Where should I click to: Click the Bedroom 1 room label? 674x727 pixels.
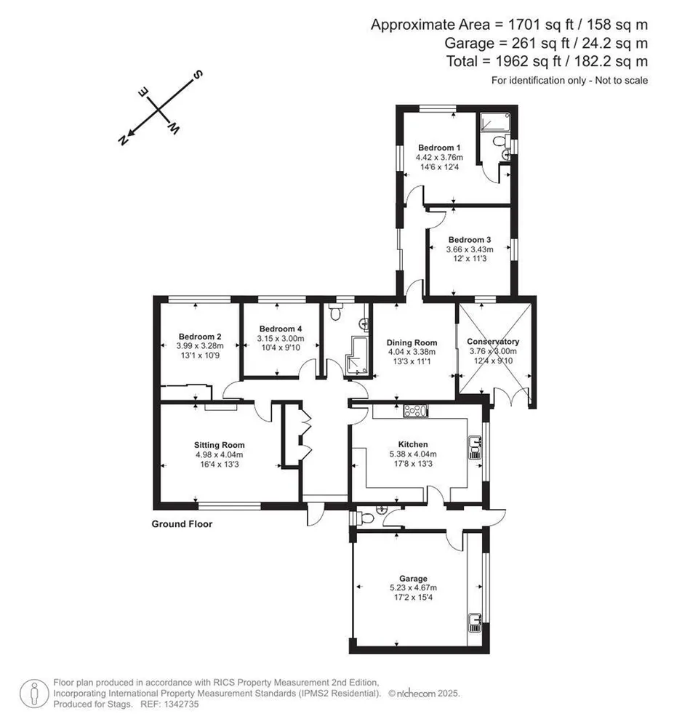[x=439, y=148]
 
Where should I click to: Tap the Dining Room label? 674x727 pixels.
[x=412, y=342]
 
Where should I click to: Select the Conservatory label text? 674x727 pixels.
[x=493, y=342]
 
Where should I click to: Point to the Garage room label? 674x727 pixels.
[x=413, y=579]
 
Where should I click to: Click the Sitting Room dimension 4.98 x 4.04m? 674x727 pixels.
[x=220, y=455]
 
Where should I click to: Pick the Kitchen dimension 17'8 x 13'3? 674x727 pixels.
[x=413, y=464]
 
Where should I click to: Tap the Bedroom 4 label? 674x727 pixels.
[x=281, y=329]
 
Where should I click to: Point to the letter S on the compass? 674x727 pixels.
[x=198, y=74]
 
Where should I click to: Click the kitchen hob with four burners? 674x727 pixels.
[x=415, y=411]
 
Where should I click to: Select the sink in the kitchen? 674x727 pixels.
[x=475, y=447]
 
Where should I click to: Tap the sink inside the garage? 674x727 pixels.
[x=475, y=622]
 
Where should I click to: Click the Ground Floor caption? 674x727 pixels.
[x=182, y=524]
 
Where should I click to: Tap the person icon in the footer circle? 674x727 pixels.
[x=34, y=694]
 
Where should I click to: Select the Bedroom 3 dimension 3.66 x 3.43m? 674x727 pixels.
[x=470, y=249]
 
